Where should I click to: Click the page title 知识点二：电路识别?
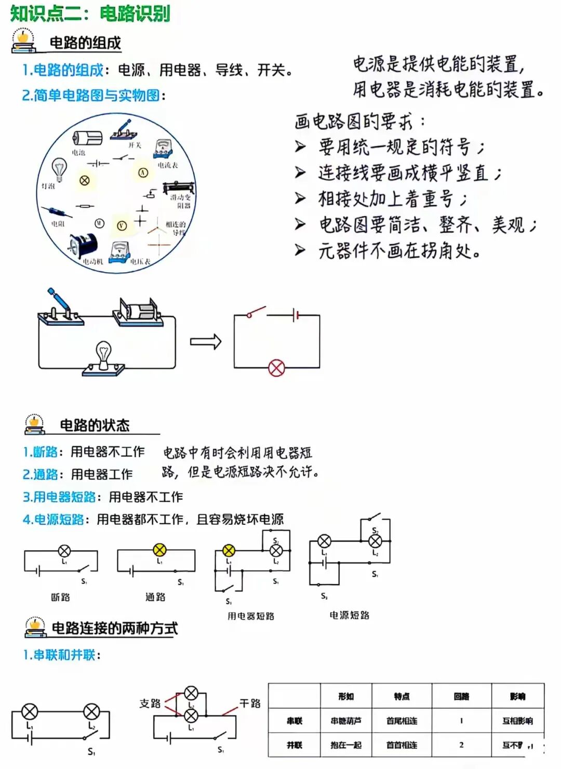pyautogui.click(x=90, y=13)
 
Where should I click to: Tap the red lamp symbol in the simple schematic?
pyautogui.click(x=276, y=368)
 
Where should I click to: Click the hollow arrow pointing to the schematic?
pyautogui.click(x=206, y=341)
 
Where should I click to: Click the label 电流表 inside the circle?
pyautogui.click(x=168, y=165)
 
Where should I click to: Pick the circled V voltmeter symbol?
pyautogui.click(x=122, y=225)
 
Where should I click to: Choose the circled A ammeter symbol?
pyautogui.click(x=143, y=172)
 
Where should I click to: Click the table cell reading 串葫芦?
pyautogui.click(x=346, y=721)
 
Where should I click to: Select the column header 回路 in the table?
pyautogui.click(x=461, y=696)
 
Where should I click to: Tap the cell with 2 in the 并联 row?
pyautogui.click(x=461, y=745)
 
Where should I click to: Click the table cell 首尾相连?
pyautogui.click(x=402, y=721)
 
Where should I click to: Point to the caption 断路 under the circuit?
pyautogui.click(x=60, y=597)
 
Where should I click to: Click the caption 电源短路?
pyautogui.click(x=349, y=615)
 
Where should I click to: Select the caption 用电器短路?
pyautogui.click(x=250, y=616)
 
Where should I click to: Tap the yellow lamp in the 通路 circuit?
pyautogui.click(x=159, y=550)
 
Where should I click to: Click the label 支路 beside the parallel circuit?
pyautogui.click(x=150, y=703)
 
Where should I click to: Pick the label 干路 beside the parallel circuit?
pyautogui.click(x=250, y=703)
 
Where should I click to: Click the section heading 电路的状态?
pyautogui.click(x=95, y=426)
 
